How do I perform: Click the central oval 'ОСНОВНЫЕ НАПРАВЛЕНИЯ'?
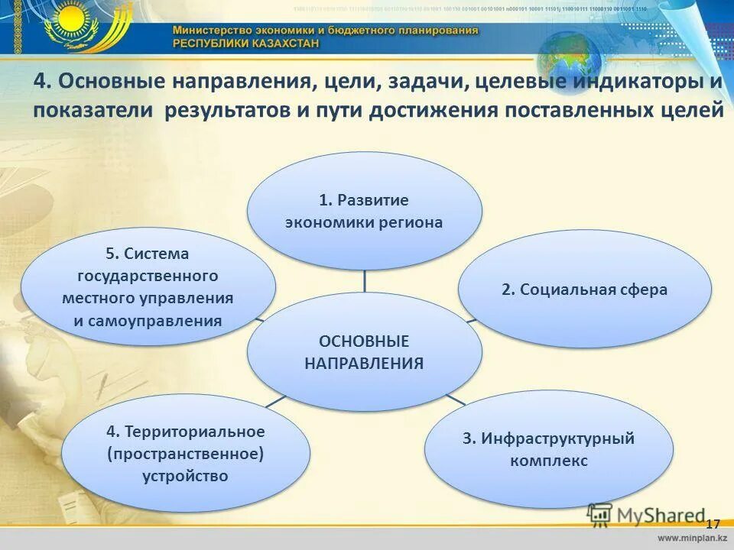[364, 352]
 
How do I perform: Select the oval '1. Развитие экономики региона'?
[364, 211]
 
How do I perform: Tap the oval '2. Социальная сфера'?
[584, 290]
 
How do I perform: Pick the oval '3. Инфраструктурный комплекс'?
[549, 450]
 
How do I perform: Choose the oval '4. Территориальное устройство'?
[186, 454]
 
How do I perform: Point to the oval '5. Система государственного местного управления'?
[148, 286]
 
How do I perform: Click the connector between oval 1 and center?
[364, 280]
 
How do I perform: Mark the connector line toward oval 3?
[456, 398]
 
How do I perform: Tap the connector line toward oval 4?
[276, 400]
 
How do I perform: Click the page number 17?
[713, 524]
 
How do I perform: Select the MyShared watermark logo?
[646, 516]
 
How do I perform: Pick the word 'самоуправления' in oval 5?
[148, 321]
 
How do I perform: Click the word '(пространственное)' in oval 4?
[186, 455]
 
